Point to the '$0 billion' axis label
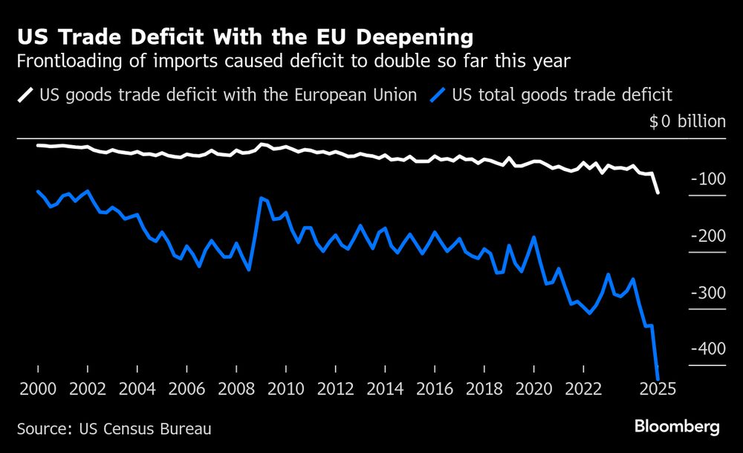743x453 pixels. pos(687,121)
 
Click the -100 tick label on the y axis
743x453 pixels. pos(707,179)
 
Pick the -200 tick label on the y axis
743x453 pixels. pos(707,236)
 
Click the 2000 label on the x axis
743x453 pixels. pos(37,389)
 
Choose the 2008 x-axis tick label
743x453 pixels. pos(236,389)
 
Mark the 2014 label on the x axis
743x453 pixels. pos(384,389)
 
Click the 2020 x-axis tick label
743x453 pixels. pos(533,389)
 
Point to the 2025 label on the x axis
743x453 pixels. pos(657,389)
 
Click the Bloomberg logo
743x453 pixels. pos(676,427)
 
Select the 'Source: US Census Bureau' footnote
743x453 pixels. pos(114,428)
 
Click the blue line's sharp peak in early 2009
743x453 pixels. pos(262,198)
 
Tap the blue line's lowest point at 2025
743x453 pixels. pos(658,376)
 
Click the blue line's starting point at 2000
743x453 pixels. pos(38,191)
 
